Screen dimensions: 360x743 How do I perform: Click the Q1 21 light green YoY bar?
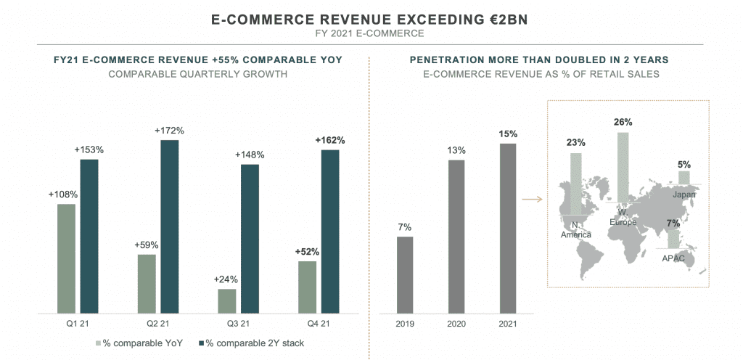click(x=66, y=258)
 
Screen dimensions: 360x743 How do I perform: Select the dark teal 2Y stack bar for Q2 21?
click(x=169, y=226)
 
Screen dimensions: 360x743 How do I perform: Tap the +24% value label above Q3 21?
click(x=226, y=279)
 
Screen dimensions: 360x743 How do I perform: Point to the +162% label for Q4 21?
click(x=330, y=140)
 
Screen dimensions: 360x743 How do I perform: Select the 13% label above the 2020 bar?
click(x=456, y=150)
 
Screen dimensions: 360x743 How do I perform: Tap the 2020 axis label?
click(x=456, y=324)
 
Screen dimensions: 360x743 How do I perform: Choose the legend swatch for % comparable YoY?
click(x=98, y=343)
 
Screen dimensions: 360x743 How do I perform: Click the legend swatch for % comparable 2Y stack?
click(x=200, y=343)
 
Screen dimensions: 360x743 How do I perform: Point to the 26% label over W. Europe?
click(x=623, y=122)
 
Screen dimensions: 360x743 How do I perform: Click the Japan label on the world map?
click(x=684, y=195)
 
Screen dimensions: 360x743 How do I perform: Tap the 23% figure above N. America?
click(x=576, y=143)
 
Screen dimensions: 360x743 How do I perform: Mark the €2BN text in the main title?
click(x=498, y=20)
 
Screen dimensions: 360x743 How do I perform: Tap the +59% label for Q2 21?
click(x=147, y=245)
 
